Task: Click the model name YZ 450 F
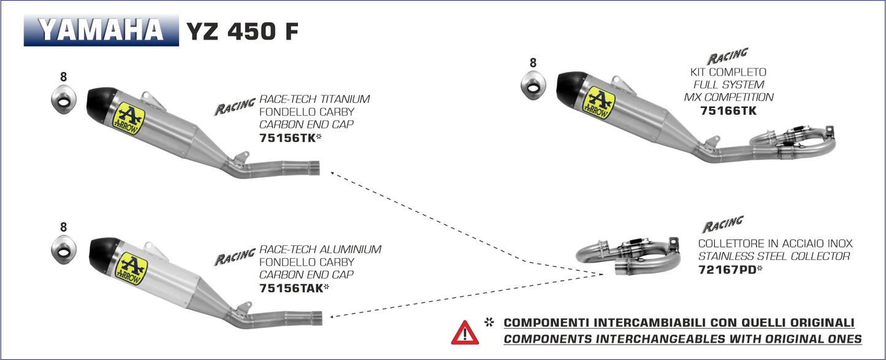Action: point(242,31)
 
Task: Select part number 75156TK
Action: point(287,138)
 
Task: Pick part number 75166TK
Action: point(728,111)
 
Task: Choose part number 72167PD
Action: point(724,269)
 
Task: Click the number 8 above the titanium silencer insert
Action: point(63,77)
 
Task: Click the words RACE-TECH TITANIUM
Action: point(315,99)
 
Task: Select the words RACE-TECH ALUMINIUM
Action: point(320,249)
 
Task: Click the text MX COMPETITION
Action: point(728,97)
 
